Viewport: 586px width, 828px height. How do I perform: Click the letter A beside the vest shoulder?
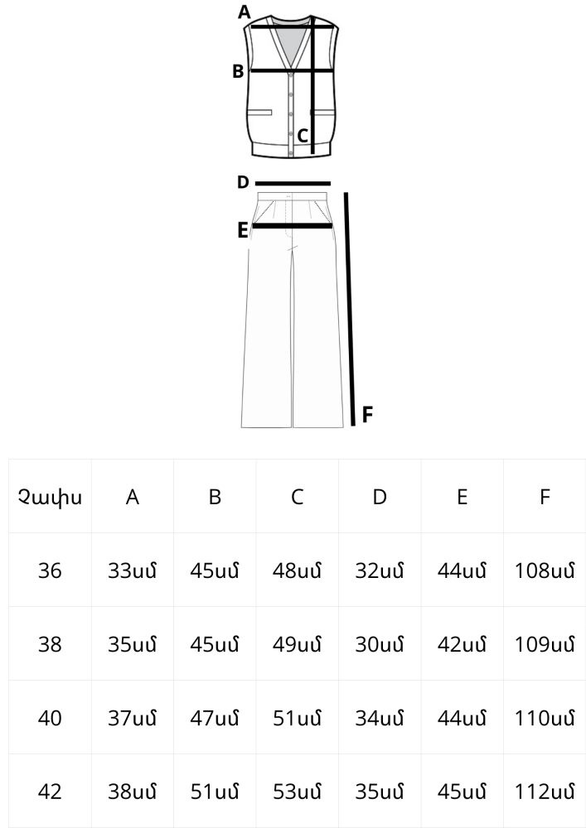click(244, 12)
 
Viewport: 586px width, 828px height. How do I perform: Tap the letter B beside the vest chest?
click(238, 70)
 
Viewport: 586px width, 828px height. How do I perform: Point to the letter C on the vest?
click(303, 136)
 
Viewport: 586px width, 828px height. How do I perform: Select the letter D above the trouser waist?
click(243, 182)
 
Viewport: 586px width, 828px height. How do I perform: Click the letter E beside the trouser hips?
click(243, 230)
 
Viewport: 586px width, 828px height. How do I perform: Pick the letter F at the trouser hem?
click(367, 415)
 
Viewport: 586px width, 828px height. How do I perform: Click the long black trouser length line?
click(350, 309)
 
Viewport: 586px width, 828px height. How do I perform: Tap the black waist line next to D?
click(293, 184)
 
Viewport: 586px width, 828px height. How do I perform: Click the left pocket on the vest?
click(259, 113)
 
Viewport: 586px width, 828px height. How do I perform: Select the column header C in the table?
click(297, 497)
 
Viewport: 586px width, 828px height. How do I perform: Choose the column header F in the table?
click(545, 497)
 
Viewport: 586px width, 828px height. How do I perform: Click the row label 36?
click(50, 570)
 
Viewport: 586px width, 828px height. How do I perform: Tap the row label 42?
click(50, 792)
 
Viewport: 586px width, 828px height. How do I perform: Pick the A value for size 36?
click(132, 570)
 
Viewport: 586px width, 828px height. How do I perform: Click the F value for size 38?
click(545, 644)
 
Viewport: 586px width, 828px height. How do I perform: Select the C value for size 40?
click(297, 718)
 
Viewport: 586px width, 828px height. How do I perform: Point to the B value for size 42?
click(215, 792)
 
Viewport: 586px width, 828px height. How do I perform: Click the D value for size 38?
click(380, 644)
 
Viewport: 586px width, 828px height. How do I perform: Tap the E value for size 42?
click(462, 792)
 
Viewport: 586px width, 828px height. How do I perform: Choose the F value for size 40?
click(545, 718)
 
